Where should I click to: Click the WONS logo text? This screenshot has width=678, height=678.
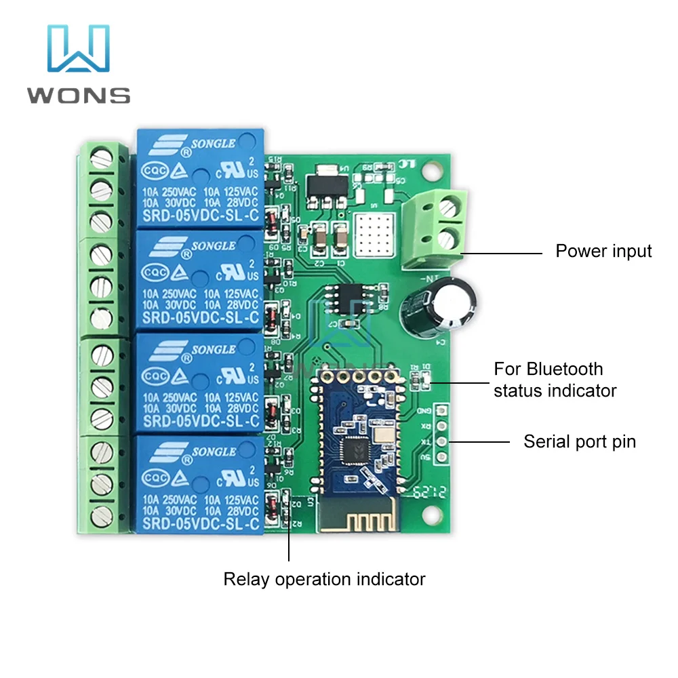point(79,94)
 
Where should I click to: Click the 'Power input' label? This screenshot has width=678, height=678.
point(603,252)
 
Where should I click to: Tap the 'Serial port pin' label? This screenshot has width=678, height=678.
point(580,442)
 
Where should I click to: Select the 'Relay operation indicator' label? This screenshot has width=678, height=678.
point(324,580)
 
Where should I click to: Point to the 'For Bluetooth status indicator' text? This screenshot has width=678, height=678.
point(555,380)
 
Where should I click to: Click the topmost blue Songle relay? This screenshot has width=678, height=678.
point(200,179)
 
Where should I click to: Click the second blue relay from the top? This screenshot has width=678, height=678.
point(200,279)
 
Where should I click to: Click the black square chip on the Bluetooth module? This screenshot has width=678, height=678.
point(355,448)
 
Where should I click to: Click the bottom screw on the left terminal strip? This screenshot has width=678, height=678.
point(101,513)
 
